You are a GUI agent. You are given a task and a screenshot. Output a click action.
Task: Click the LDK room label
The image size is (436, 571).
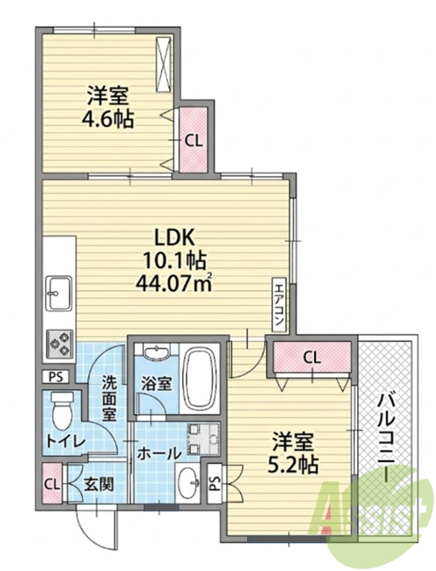(174, 238)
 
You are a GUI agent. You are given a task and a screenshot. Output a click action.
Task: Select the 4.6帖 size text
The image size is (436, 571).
(107, 118)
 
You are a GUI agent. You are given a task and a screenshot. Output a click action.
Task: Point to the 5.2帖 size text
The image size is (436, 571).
(294, 465)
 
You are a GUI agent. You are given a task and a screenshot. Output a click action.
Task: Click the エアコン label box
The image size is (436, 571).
(279, 305)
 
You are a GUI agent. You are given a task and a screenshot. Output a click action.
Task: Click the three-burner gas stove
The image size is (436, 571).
(59, 344)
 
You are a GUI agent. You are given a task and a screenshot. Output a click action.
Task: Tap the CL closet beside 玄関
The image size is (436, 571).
(52, 484)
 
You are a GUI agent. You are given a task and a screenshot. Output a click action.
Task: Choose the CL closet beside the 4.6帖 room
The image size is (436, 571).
(193, 140)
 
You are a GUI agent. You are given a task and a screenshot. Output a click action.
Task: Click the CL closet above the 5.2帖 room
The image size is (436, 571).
(312, 358)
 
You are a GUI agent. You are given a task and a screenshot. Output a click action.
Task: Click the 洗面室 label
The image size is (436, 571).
(109, 398)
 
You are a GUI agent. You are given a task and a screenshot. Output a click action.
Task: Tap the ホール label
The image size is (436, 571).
(159, 453)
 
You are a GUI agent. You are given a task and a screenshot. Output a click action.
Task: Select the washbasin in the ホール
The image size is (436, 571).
(188, 482)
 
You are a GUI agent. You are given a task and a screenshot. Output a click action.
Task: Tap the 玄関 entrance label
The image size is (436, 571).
(99, 485)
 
